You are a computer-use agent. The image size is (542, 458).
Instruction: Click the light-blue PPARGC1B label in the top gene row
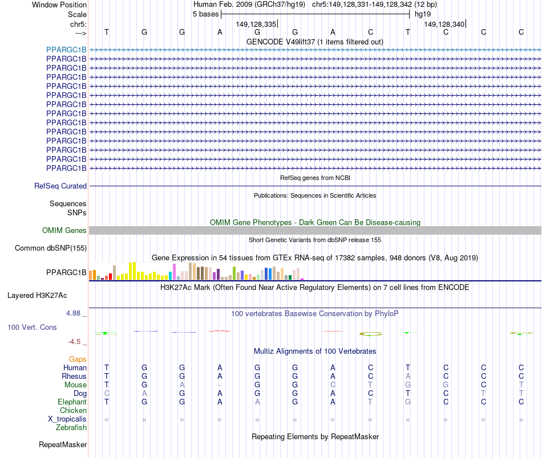coord(66,50)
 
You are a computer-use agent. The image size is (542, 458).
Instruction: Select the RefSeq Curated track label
coord(60,186)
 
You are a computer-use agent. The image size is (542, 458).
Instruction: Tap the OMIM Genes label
coord(64,231)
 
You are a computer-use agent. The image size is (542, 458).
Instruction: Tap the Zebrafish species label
coord(71,427)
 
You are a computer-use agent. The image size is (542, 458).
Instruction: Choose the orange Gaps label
coord(78,359)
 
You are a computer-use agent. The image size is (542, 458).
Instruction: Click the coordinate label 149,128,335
coord(256,24)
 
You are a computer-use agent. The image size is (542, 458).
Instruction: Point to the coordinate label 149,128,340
coord(444,24)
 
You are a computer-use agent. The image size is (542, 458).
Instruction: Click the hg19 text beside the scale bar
coord(423,14)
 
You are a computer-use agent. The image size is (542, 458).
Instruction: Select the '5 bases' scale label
coord(205,14)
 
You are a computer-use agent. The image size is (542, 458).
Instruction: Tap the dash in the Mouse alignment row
coord(220,385)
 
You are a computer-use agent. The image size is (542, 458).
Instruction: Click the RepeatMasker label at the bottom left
coord(63,444)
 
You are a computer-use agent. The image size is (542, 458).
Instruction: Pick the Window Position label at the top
coord(59,5)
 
